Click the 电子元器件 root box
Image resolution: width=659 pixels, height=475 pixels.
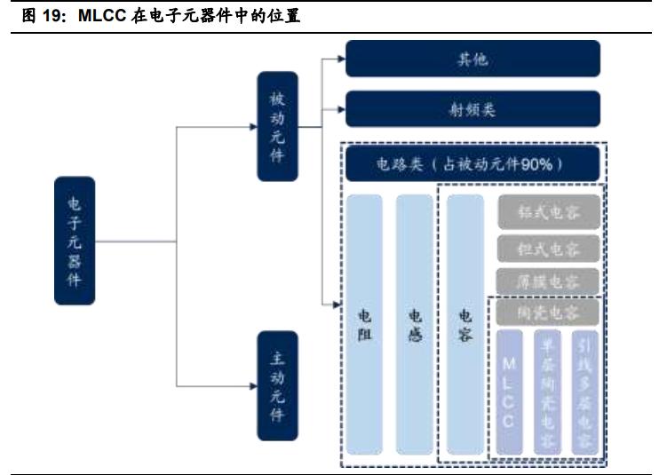[75, 241]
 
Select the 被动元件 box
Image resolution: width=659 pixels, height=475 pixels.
[277, 126]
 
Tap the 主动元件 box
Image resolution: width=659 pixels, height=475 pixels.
[277, 385]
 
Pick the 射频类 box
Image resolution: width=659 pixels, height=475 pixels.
[472, 111]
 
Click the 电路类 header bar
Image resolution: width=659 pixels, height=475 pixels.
[472, 164]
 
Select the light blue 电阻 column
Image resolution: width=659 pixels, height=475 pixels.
[364, 324]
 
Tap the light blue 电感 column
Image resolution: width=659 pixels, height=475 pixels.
[414, 324]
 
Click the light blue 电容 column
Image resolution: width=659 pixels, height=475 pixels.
[464, 324]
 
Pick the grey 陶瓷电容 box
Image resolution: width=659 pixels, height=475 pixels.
[548, 313]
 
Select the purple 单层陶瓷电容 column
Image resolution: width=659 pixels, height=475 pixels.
[547, 391]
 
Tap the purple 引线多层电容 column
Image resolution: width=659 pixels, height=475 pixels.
[584, 391]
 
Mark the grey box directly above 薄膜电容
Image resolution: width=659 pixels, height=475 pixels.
[548, 248]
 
